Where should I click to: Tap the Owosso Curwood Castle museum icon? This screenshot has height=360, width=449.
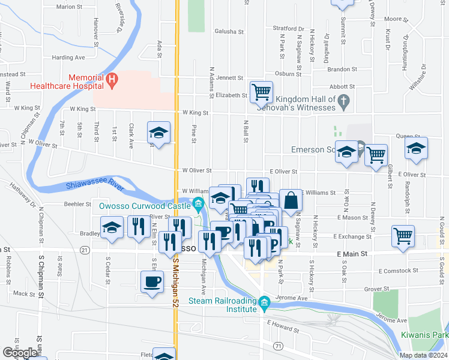(x=199, y=206)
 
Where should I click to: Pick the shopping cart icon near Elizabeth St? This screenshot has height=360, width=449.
(x=261, y=92)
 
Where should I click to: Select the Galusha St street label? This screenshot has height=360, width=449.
(x=229, y=31)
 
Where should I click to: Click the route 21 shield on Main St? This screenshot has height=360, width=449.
(x=84, y=249)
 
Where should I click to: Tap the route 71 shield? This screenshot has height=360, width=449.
(x=277, y=346)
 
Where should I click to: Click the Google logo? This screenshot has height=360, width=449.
(x=20, y=353)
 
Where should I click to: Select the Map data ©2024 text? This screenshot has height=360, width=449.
(x=423, y=355)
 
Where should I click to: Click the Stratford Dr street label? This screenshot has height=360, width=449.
(x=289, y=28)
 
